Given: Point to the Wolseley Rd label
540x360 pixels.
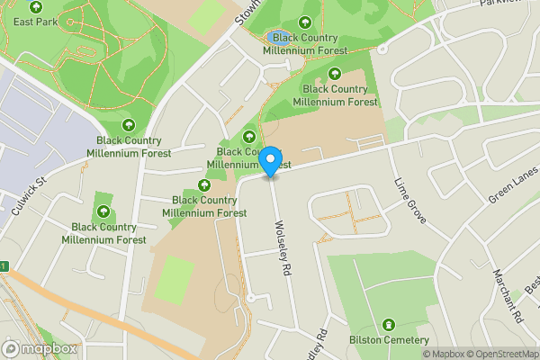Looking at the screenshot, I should point(283,248).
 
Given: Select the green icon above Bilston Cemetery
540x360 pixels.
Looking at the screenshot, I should point(389,324).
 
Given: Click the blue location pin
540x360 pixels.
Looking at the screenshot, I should point(270,160).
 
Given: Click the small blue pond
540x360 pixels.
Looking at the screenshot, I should point(273,38).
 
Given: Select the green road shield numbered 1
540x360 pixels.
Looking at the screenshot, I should point(4,266).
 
